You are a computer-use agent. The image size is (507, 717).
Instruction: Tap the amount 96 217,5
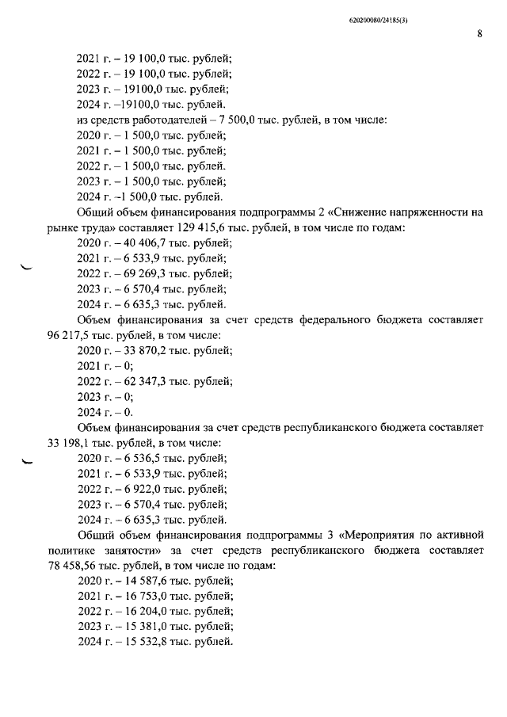point(71,335)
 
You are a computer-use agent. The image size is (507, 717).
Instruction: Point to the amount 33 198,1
point(71,443)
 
